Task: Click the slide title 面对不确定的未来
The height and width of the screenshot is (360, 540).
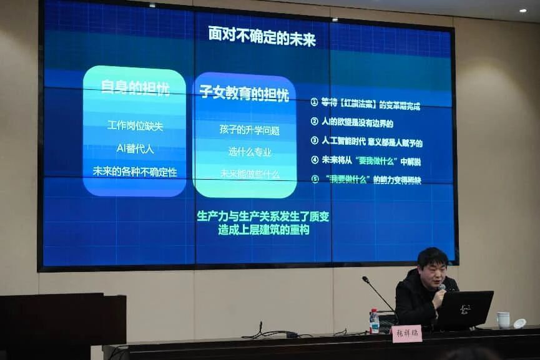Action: coord(262,37)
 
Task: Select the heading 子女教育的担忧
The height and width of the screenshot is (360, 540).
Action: coord(243,94)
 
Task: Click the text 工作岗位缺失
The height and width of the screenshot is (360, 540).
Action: coord(135,125)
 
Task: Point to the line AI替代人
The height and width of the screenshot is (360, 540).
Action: coord(135,148)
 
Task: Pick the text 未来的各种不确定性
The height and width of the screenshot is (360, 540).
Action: coord(135,171)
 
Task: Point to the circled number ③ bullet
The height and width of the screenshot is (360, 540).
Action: coord(315,141)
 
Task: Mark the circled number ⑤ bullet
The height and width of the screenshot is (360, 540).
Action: coord(315,179)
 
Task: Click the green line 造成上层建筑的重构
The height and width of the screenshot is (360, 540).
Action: coord(263,230)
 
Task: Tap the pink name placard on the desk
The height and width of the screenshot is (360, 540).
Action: coord(406,333)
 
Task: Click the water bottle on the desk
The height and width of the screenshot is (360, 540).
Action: coord(374,321)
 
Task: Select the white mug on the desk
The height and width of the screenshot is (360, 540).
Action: coord(503,320)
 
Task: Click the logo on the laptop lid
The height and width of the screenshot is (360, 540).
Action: coord(464,309)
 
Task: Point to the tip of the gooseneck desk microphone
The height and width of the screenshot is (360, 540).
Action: coord(365,279)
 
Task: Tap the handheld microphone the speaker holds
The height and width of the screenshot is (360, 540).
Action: coord(441,288)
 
